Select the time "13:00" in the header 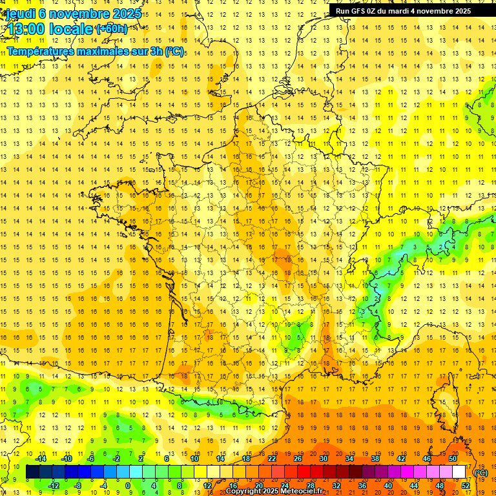(x=26, y=29)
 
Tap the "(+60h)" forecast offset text (x=111, y=29)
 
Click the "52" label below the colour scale (x=466, y=486)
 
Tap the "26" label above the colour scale (x=298, y=459)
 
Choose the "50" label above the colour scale (x=453, y=459)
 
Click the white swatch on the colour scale (x=459, y=472)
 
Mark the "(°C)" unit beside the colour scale (x=480, y=473)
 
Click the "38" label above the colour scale (x=375, y=459)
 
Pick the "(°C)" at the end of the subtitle (x=174, y=51)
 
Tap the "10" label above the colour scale (x=194, y=459)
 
